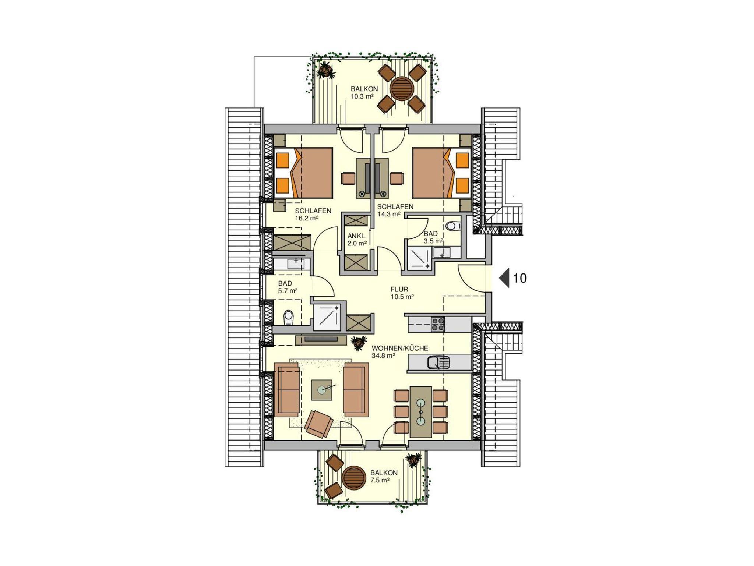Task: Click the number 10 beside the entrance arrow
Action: tap(520, 278)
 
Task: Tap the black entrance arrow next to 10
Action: tap(504, 278)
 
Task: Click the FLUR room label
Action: tap(399, 290)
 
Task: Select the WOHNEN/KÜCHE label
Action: tap(400, 348)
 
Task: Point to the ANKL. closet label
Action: tap(357, 236)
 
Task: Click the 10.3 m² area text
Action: tap(362, 97)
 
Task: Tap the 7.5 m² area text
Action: tap(380, 480)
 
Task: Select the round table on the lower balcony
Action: tap(353, 477)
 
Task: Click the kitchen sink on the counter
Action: tap(438, 362)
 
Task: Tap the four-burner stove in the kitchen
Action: tap(438, 325)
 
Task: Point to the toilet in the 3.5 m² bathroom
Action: tap(453, 226)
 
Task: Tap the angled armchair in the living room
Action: tap(319, 424)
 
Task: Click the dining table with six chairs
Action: tap(420, 411)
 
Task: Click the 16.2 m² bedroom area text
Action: tap(307, 218)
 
